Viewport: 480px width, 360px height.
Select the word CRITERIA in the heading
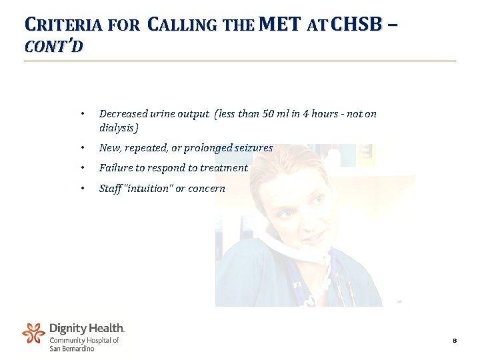(x=62, y=26)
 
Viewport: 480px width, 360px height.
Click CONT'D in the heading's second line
(x=53, y=47)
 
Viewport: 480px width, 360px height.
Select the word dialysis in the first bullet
(x=117, y=127)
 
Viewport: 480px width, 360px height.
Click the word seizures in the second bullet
(x=251, y=148)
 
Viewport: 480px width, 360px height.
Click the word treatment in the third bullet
(x=226, y=168)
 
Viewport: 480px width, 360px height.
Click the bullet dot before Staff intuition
(x=81, y=189)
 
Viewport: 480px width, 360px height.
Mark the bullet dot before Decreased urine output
(x=81, y=114)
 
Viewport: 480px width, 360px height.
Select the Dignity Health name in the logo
(x=87, y=329)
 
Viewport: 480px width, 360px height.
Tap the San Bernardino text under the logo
(x=72, y=349)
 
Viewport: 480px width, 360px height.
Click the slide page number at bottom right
(x=454, y=341)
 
